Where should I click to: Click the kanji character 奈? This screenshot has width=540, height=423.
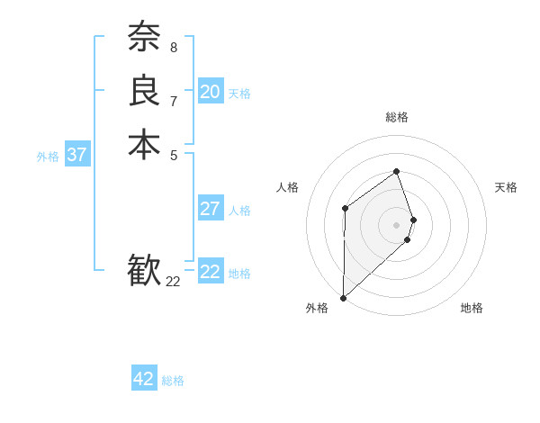click(x=144, y=37)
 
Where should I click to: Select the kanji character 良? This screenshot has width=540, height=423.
click(x=144, y=91)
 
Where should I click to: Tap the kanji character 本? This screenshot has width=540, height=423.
click(x=144, y=145)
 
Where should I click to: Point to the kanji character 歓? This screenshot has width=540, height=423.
click(x=144, y=271)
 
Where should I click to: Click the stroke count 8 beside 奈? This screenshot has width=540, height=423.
click(x=174, y=47)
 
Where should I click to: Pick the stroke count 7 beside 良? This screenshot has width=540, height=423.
click(x=174, y=101)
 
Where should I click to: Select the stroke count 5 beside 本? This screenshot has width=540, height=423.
click(x=174, y=155)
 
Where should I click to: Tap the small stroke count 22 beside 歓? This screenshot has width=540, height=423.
click(x=174, y=282)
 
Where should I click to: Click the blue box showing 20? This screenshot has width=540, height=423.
click(x=210, y=92)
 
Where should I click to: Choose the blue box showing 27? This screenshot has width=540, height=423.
click(x=210, y=209)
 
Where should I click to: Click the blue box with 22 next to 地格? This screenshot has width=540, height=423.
click(x=210, y=272)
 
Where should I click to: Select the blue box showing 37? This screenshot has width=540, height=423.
click(x=76, y=155)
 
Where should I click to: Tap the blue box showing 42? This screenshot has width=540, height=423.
click(x=143, y=379)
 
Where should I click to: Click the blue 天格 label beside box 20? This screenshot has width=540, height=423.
click(x=239, y=94)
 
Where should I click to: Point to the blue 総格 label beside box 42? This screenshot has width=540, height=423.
click(x=173, y=381)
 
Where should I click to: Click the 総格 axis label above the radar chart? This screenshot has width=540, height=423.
click(x=396, y=117)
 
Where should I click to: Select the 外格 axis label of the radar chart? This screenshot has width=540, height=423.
click(x=316, y=308)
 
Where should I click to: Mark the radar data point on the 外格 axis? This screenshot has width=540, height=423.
click(x=343, y=298)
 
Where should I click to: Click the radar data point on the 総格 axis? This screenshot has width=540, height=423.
click(x=396, y=172)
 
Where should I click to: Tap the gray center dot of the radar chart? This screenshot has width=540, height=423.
click(x=396, y=224)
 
